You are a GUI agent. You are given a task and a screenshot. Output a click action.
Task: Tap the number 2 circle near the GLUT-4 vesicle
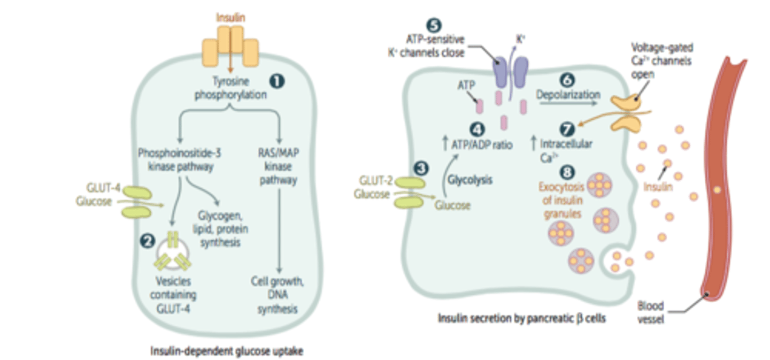(145, 241)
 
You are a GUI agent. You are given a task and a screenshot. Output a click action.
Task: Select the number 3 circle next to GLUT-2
(422, 168)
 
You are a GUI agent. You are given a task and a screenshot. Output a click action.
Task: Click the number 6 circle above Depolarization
(566, 79)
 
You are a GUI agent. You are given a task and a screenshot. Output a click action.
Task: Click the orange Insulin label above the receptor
(230, 17)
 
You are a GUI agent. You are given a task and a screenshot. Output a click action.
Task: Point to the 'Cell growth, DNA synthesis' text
(278, 295)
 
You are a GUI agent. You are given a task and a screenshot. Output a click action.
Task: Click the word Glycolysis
(470, 180)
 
